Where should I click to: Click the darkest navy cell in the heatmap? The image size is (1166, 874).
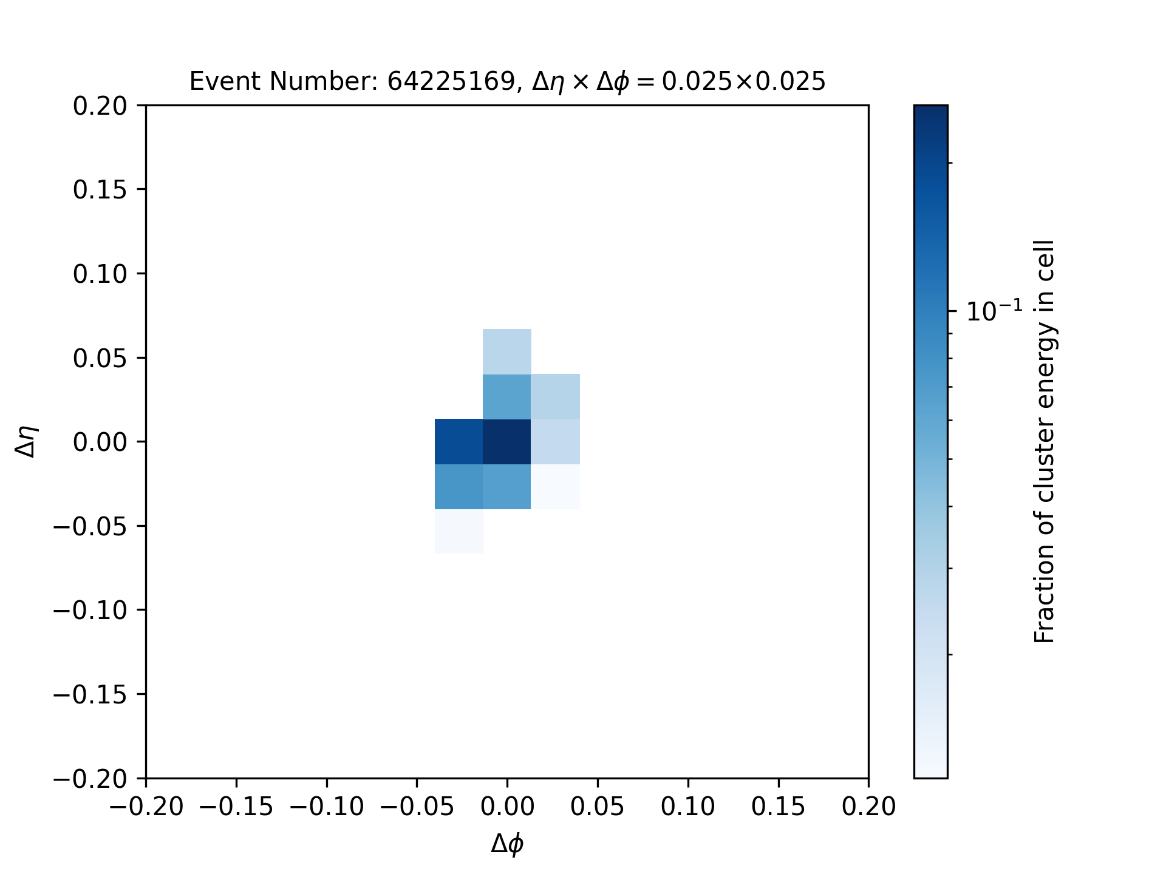(507, 441)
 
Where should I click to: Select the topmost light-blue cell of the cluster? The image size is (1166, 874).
(507, 351)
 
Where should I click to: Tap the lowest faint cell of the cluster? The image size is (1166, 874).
(459, 531)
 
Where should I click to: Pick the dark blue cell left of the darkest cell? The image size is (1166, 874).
(459, 441)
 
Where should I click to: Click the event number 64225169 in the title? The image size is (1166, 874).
(451, 81)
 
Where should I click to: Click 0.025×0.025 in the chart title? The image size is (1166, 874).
(743, 81)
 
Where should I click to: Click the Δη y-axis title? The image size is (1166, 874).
(27, 441)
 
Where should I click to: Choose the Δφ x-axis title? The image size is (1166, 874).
(507, 844)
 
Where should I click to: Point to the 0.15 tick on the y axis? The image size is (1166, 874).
(100, 190)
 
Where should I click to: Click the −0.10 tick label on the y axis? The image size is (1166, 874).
(90, 610)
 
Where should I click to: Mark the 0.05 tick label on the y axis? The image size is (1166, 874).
(100, 358)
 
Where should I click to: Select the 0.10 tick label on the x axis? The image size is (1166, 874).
(688, 807)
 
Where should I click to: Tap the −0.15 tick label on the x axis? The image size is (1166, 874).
(236, 807)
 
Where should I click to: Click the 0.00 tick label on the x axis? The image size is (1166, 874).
(507, 807)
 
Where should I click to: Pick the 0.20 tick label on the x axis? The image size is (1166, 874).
(868, 807)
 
